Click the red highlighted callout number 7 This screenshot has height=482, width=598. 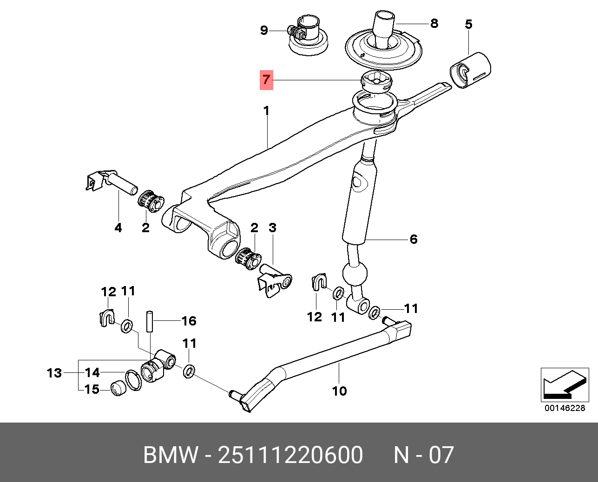click(x=266, y=80)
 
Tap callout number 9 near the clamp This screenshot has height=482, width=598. click(x=264, y=31)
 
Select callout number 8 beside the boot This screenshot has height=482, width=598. click(x=434, y=23)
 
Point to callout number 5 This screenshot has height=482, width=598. click(x=468, y=24)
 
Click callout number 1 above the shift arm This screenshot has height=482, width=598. click(x=266, y=111)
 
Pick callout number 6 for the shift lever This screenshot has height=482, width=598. click(x=414, y=240)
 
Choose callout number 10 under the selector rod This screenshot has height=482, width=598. click(x=339, y=391)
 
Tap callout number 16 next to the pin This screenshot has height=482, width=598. click(x=189, y=321)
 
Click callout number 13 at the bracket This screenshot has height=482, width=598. click(x=54, y=372)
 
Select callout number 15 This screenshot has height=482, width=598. click(x=92, y=389)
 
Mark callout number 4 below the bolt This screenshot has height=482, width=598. click(x=118, y=228)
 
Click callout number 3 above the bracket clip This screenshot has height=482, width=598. click(x=272, y=228)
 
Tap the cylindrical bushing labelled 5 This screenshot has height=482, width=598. click(x=470, y=70)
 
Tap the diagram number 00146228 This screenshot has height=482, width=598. click(x=565, y=408)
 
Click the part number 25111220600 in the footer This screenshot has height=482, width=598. click(x=290, y=455)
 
